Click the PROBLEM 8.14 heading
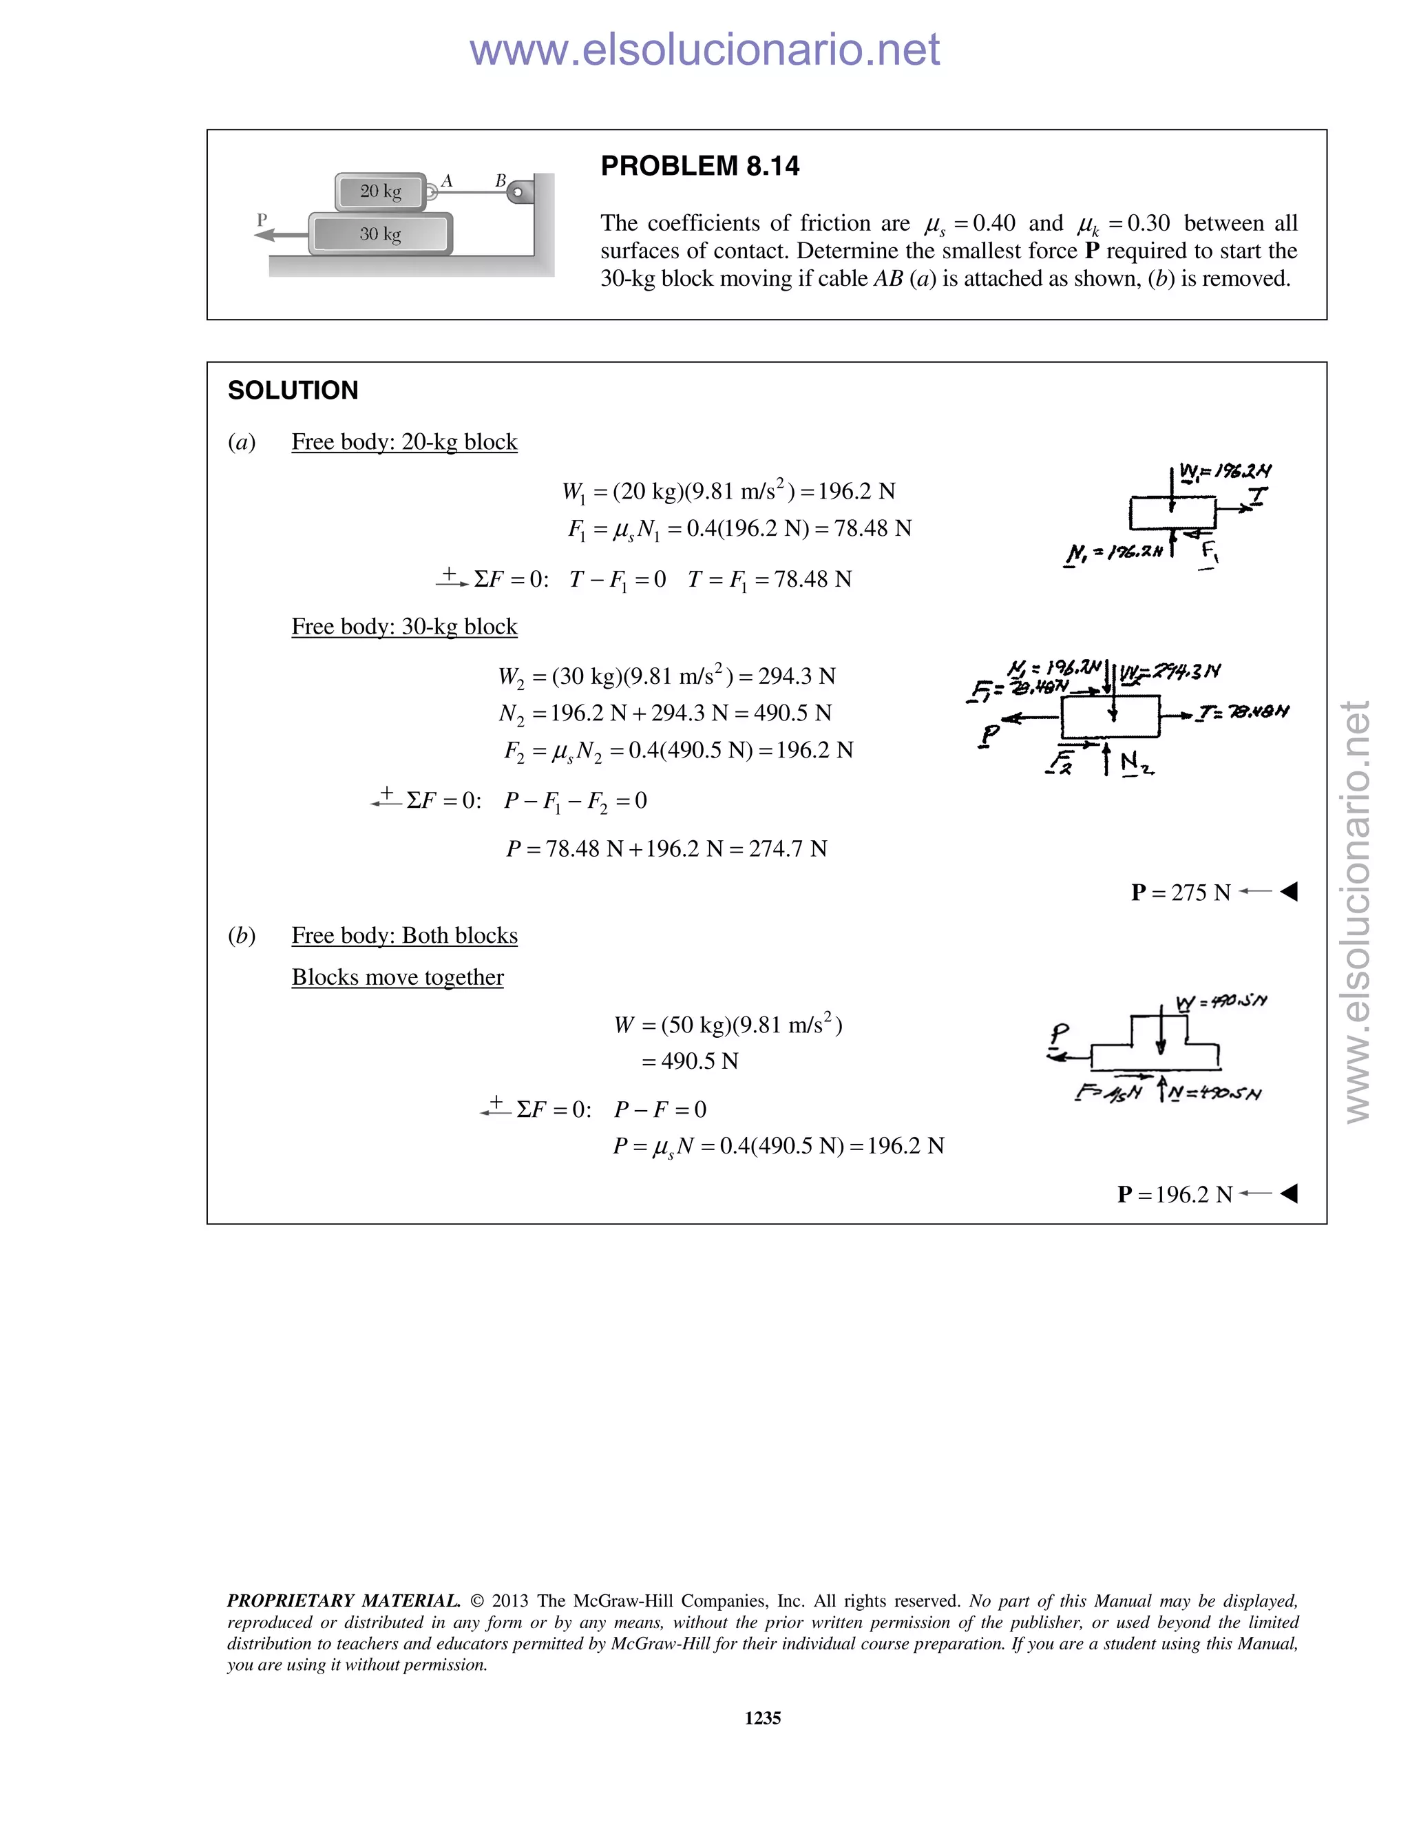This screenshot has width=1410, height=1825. coord(699,166)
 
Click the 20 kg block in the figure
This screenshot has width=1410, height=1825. coord(380,191)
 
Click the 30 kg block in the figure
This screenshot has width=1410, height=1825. coord(380,234)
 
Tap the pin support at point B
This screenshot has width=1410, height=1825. coord(518,193)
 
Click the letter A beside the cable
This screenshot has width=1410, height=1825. coord(447,180)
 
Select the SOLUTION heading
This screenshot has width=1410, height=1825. coord(293,390)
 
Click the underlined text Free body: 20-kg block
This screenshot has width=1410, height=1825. coord(404,442)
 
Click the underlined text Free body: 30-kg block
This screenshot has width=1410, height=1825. coord(404,627)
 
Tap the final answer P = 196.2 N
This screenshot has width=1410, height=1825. coord(1175,1194)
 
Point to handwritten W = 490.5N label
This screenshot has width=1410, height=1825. coord(1221,1001)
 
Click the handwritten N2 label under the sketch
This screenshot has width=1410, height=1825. coord(1135,763)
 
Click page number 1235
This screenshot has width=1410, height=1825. coord(762,1718)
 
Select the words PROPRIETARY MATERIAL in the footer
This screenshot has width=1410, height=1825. coord(344,1601)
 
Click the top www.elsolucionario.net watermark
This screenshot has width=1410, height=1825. coord(704,50)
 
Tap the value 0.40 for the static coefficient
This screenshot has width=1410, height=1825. coord(993,223)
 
